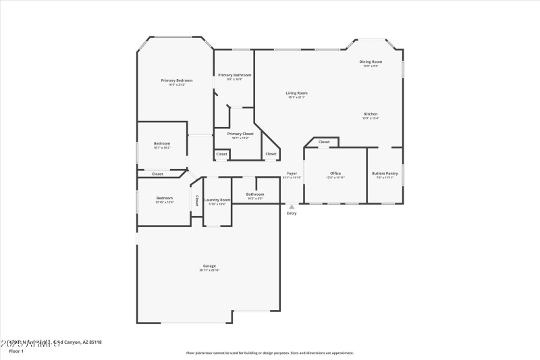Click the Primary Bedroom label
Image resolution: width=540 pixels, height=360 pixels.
[x=177, y=80]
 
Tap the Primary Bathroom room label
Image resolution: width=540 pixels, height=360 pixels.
[x=235, y=75]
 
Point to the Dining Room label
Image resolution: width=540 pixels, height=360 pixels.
[x=371, y=61]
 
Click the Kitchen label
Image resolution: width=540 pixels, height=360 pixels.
[x=371, y=114]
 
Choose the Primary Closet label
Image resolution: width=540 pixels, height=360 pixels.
[x=240, y=134]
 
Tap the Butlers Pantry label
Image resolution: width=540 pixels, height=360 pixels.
[x=385, y=174]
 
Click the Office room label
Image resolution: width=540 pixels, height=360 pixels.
[x=335, y=174]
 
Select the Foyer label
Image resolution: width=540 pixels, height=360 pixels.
[x=292, y=174]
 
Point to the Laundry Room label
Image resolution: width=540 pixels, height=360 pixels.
[x=217, y=199]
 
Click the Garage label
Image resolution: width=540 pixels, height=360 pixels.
[x=209, y=266]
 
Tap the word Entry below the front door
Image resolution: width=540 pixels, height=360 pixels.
[x=292, y=213]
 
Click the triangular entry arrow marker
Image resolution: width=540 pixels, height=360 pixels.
[x=292, y=207]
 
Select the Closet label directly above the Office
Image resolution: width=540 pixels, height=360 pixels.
[x=324, y=142]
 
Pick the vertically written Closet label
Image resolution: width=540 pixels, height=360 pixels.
[x=196, y=201]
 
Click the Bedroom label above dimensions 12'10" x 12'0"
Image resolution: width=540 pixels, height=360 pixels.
[x=165, y=198]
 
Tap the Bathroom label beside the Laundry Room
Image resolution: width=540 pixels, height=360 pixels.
[x=255, y=195]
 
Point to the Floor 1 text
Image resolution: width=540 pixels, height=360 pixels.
[x=16, y=351]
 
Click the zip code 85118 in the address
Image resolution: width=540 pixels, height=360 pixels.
[x=93, y=342]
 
